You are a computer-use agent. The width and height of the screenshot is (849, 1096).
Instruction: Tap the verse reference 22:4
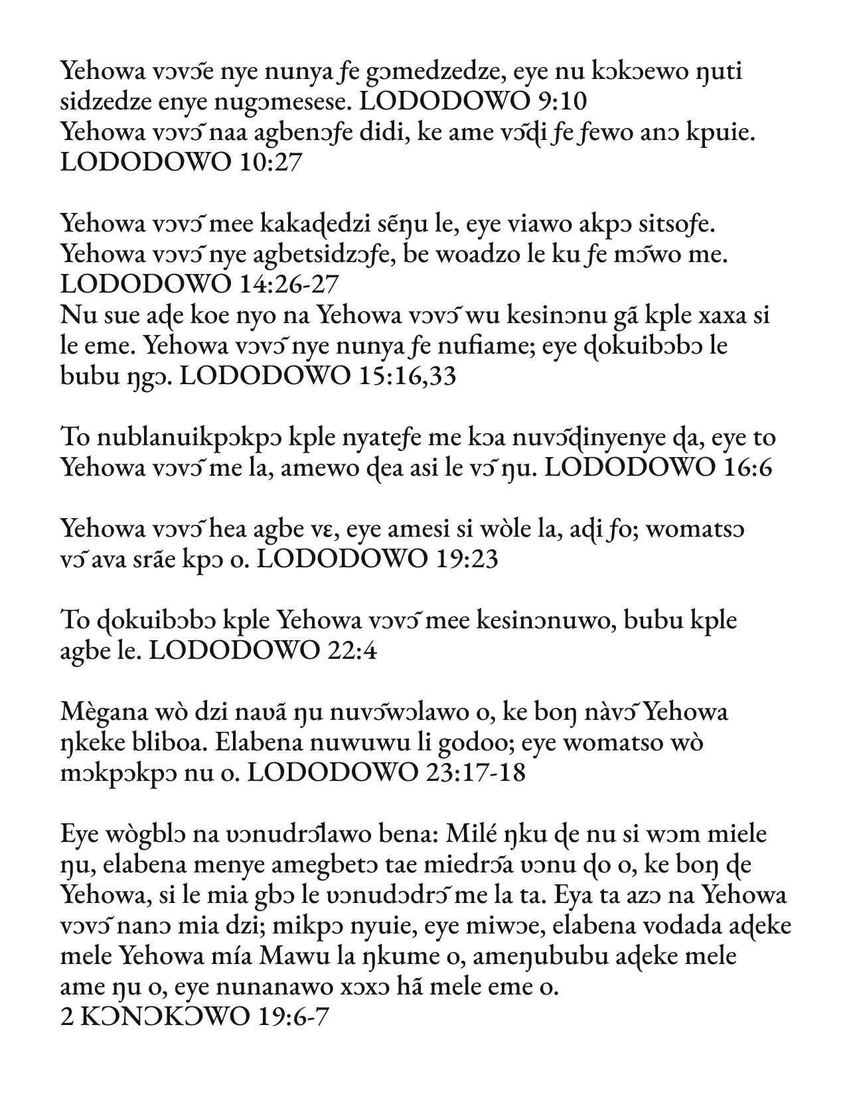(x=352, y=651)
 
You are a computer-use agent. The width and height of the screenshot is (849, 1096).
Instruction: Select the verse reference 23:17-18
(x=474, y=772)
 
